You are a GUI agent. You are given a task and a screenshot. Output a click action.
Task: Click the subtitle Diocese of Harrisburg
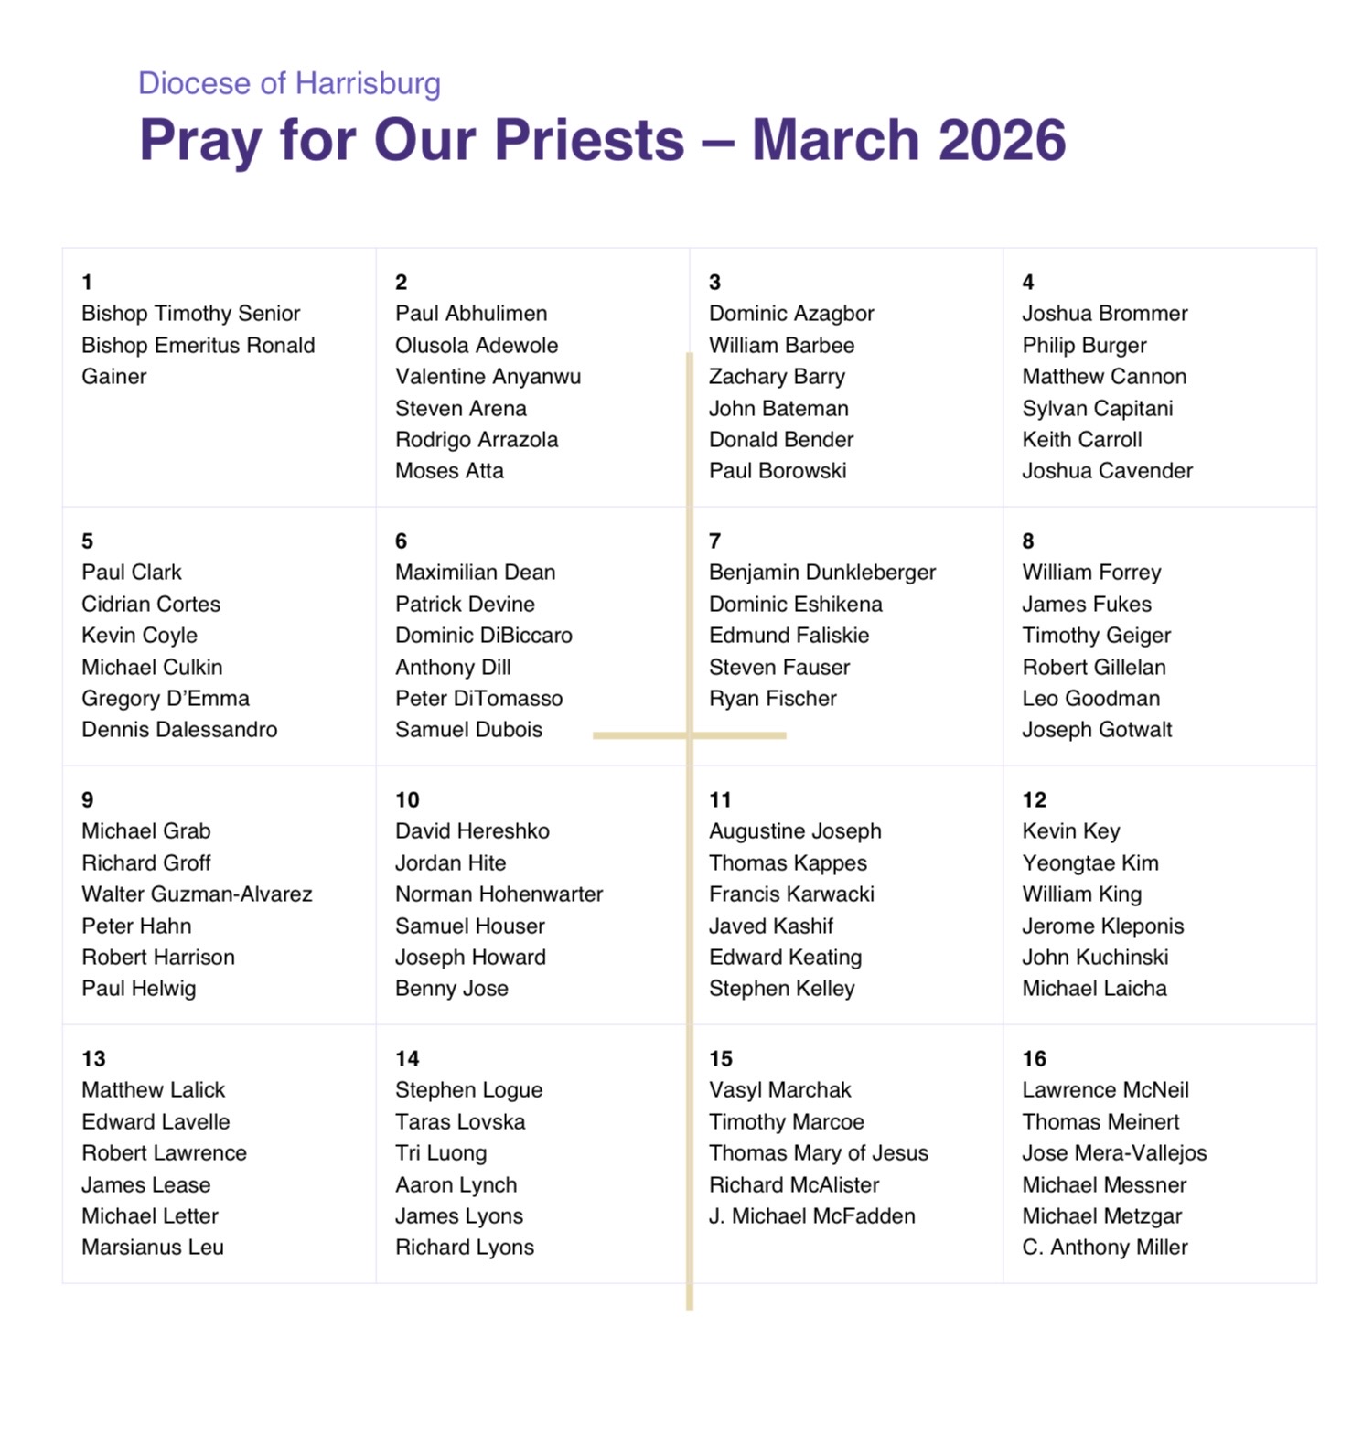point(289,83)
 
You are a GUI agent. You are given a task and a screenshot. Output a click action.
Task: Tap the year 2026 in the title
point(1002,140)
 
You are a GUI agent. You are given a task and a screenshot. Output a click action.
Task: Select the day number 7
point(714,541)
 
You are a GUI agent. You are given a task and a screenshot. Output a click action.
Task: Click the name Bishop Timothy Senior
point(190,314)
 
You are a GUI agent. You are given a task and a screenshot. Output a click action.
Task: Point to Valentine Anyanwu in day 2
point(488,377)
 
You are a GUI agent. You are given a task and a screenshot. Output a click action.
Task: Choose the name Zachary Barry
point(777,377)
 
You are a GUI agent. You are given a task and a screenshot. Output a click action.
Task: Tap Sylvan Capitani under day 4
point(1097,409)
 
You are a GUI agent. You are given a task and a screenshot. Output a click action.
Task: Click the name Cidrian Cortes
point(151,605)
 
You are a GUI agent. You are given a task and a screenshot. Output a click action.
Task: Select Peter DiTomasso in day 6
point(478,699)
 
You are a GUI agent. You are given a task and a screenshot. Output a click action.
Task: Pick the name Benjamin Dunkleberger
point(821,573)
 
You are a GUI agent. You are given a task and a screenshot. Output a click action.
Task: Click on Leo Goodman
point(1090,699)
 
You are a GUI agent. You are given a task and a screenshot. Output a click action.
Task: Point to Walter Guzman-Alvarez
point(197,894)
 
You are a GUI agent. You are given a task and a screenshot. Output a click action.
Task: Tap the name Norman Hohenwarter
point(499,894)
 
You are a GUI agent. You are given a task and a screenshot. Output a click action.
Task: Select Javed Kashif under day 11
point(770,926)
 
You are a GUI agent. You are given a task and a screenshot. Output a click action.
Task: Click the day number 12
point(1034,800)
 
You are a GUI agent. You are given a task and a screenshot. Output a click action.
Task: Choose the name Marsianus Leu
point(152,1248)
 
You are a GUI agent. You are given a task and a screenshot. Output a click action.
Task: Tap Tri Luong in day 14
point(440,1153)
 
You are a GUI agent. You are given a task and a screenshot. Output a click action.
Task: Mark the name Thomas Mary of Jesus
point(818,1153)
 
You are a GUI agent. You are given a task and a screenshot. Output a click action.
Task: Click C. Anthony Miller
point(1104,1248)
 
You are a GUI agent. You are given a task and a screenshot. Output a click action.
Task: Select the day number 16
point(1034,1059)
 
